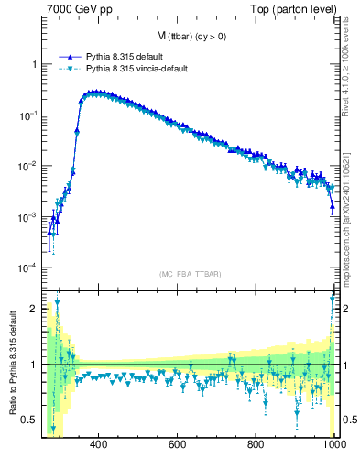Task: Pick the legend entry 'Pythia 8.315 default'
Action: [126, 57]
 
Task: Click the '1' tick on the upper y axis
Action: [34, 65]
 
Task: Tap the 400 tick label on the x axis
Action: [99, 445]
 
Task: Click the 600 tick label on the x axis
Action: [178, 445]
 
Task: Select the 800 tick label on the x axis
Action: [256, 445]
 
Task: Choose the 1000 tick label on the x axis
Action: [333, 445]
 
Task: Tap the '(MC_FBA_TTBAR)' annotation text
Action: [187, 274]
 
